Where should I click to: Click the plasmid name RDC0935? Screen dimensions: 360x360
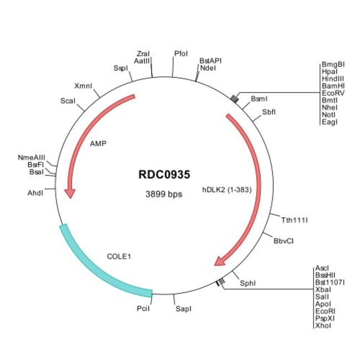pyautogui.click(x=164, y=174)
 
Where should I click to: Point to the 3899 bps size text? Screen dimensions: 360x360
pyautogui.click(x=164, y=194)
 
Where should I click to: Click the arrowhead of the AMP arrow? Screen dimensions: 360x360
pyautogui.click(x=70, y=193)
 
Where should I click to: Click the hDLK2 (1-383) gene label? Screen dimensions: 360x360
pyautogui.click(x=227, y=190)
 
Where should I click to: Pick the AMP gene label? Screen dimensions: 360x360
pyautogui.click(x=98, y=144)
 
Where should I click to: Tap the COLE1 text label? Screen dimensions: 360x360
pyautogui.click(x=119, y=256)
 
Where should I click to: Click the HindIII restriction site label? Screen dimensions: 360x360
pyautogui.click(x=333, y=79)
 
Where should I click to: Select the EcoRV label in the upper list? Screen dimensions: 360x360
pyautogui.click(x=333, y=93)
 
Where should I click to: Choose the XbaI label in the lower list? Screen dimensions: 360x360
pyautogui.click(x=323, y=290)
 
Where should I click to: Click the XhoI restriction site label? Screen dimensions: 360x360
pyautogui.click(x=323, y=326)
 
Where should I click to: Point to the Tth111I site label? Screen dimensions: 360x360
pyautogui.click(x=295, y=220)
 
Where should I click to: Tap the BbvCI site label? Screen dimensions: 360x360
pyautogui.click(x=284, y=241)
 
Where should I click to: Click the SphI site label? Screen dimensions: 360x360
pyautogui.click(x=248, y=284)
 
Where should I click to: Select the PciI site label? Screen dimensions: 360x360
pyautogui.click(x=143, y=308)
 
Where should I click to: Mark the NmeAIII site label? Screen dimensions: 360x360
pyautogui.click(x=32, y=157)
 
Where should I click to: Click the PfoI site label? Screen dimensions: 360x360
pyautogui.click(x=181, y=54)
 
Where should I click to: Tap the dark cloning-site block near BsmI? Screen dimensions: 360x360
pyautogui.click(x=235, y=99)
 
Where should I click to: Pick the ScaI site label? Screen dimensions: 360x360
pyautogui.click(x=68, y=101)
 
